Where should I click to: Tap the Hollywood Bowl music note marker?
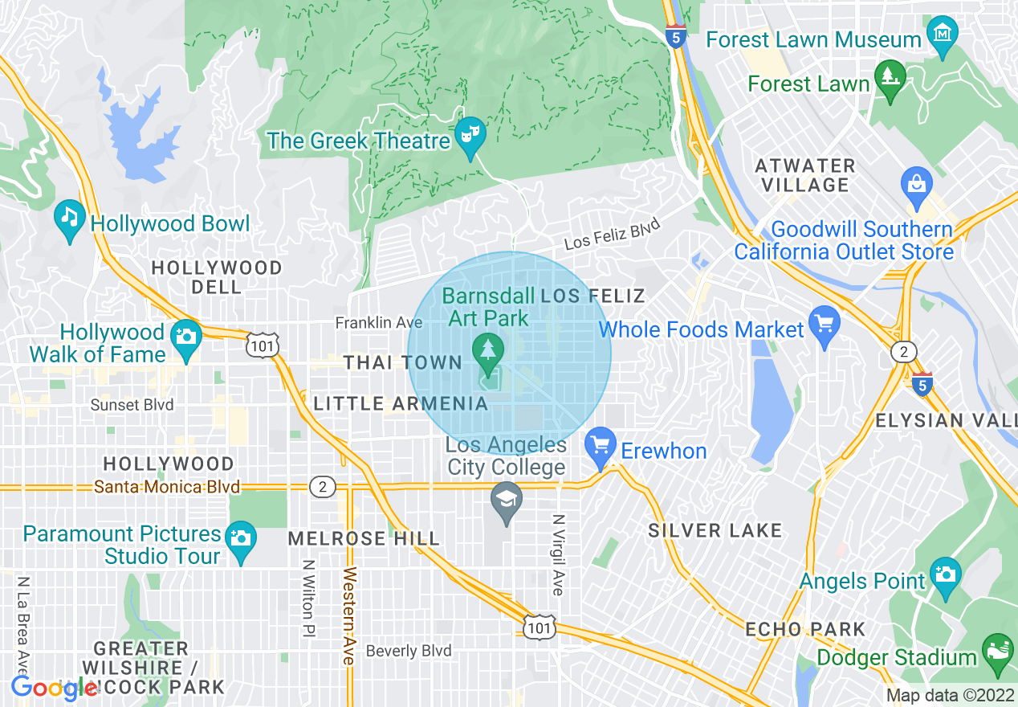click(x=70, y=217)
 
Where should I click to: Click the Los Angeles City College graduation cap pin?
click(x=506, y=501)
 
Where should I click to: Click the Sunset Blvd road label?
click(x=132, y=405)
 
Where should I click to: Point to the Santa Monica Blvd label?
click(x=167, y=487)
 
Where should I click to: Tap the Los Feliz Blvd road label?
click(x=612, y=233)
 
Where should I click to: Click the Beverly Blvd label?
click(x=409, y=651)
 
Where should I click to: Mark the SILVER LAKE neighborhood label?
click(x=715, y=530)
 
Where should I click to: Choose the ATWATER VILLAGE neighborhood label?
click(x=805, y=175)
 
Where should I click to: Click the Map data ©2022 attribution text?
click(x=950, y=695)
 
